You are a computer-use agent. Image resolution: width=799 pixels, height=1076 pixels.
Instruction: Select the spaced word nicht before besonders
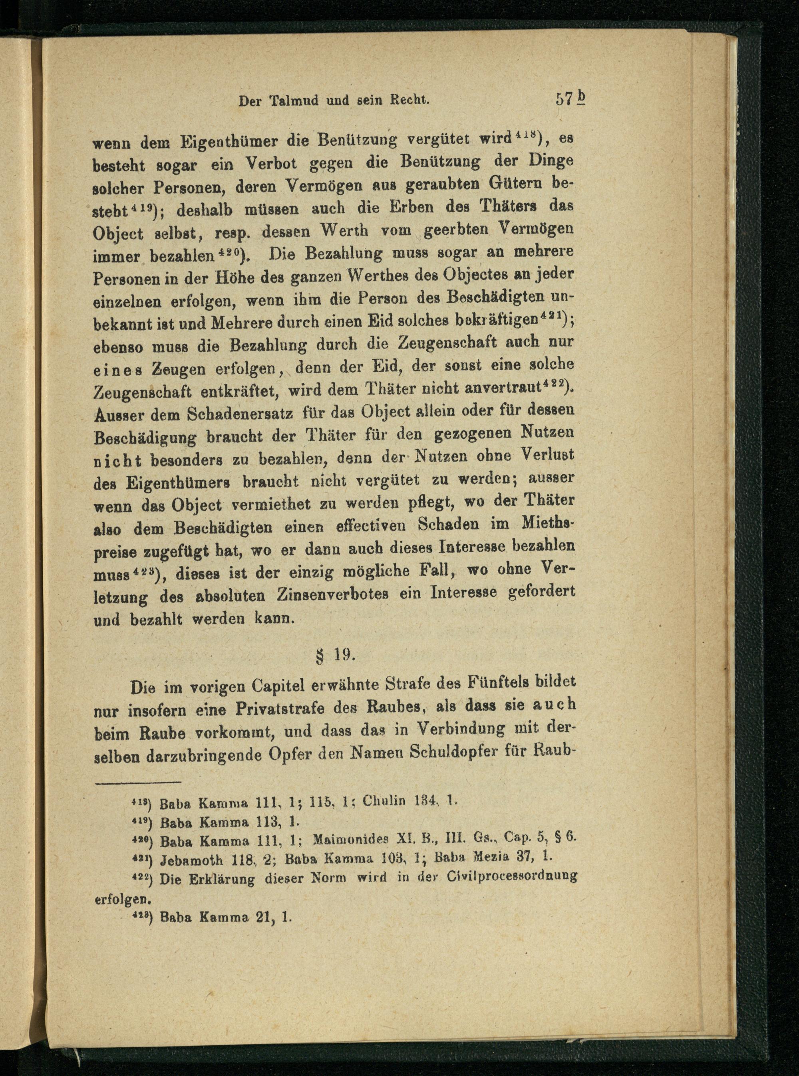tap(117, 461)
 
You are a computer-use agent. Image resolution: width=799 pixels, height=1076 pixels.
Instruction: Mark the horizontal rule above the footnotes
tap(138, 782)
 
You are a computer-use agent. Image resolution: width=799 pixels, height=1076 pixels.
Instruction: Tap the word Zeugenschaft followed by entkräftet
tap(141, 390)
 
